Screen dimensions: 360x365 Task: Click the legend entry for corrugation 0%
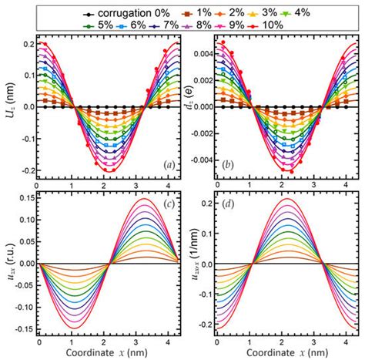[x=108, y=14]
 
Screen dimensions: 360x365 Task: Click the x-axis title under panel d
[x=277, y=352]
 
